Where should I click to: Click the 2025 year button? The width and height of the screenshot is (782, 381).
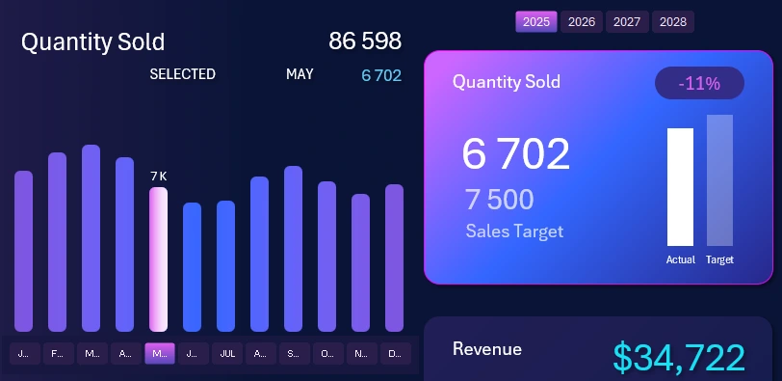click(x=535, y=22)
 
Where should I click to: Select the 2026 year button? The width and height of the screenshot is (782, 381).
click(x=582, y=22)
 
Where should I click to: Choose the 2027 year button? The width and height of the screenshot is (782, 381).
click(x=627, y=22)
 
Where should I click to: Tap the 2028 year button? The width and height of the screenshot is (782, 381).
click(x=673, y=22)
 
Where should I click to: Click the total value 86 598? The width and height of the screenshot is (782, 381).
click(x=364, y=41)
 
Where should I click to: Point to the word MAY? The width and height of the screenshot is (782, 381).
click(x=300, y=75)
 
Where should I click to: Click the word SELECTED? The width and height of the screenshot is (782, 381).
click(x=182, y=75)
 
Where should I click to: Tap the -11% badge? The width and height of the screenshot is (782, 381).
click(x=699, y=84)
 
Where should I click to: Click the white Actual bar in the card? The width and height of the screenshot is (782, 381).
click(x=680, y=187)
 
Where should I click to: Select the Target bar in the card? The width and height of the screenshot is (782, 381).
click(x=719, y=180)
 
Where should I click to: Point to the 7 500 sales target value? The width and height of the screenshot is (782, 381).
click(x=499, y=200)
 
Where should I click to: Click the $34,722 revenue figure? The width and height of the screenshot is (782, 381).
click(x=679, y=357)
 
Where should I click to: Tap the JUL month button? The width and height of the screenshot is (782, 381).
click(x=226, y=354)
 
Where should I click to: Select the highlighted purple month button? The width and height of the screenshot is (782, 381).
click(x=159, y=354)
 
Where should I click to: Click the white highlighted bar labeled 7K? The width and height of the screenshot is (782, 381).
click(x=158, y=259)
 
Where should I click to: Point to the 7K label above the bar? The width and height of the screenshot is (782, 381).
click(x=158, y=177)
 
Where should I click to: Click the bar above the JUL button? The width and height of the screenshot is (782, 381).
click(x=225, y=265)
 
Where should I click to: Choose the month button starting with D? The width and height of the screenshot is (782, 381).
click(x=394, y=354)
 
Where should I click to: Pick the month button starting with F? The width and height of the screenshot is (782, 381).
click(x=57, y=354)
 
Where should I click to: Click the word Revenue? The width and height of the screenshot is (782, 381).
click(x=486, y=349)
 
